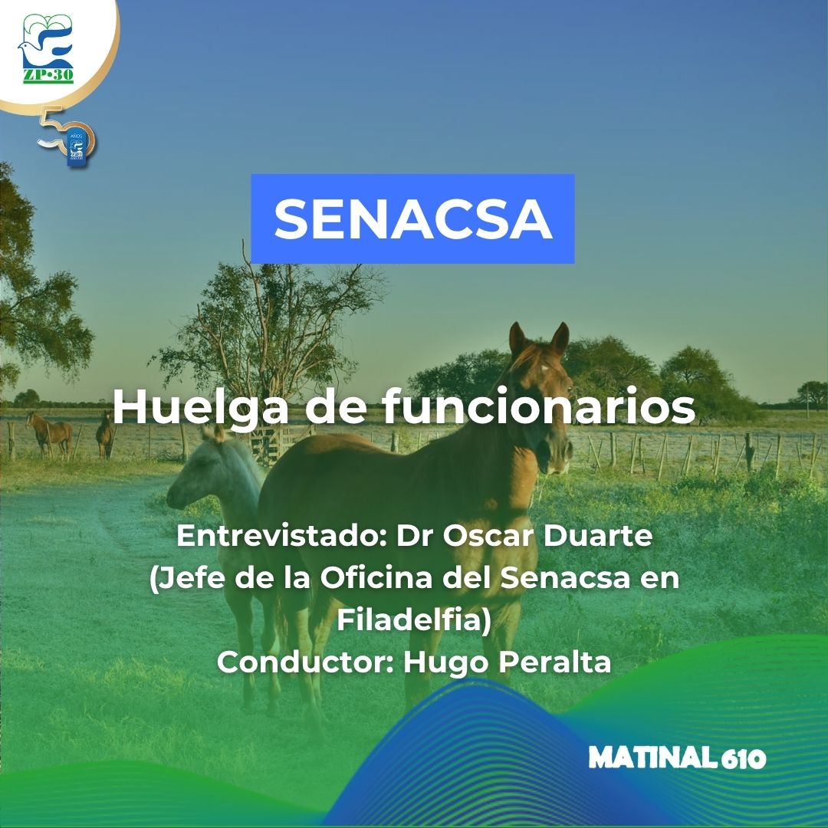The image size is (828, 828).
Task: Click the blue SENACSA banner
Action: [x=412, y=219]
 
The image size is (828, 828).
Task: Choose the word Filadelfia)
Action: [x=414, y=619]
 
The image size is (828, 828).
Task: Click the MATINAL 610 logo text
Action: [x=677, y=758]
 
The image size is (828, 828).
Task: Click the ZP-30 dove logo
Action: [x=47, y=48]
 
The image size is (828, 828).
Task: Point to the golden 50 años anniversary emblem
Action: [x=67, y=136]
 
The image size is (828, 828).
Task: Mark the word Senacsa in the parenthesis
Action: [x=565, y=578]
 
